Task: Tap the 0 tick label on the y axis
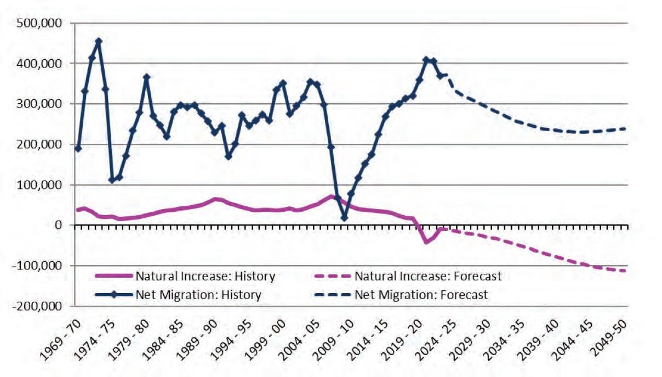[58, 225]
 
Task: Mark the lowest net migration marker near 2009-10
[344, 218]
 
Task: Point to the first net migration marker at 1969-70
[78, 149]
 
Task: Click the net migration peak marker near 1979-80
[146, 77]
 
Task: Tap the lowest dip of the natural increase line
[426, 242]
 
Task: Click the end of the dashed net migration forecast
[625, 129]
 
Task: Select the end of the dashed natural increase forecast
[625, 271]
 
